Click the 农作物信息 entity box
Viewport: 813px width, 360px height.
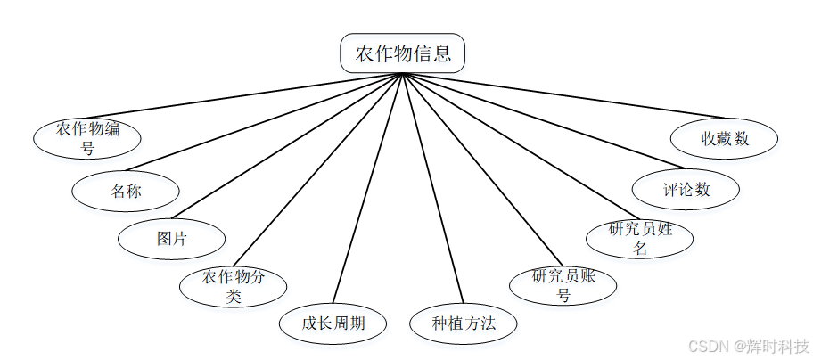click(402, 53)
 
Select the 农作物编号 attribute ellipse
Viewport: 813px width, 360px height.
click(87, 138)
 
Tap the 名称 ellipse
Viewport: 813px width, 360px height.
click(126, 191)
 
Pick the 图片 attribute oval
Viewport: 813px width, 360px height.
click(172, 239)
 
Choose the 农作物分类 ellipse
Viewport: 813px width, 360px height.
click(234, 287)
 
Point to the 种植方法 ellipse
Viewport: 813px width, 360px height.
click(464, 323)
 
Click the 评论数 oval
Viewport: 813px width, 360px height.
click(686, 189)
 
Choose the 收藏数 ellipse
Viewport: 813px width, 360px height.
click(724, 138)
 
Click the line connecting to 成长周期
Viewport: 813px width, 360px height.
click(366, 191)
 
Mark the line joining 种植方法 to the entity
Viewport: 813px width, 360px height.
click(434, 191)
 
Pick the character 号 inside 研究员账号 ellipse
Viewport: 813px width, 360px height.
click(563, 295)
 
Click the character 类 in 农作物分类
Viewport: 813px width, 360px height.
click(234, 297)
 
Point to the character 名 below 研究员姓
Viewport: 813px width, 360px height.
click(640, 249)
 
